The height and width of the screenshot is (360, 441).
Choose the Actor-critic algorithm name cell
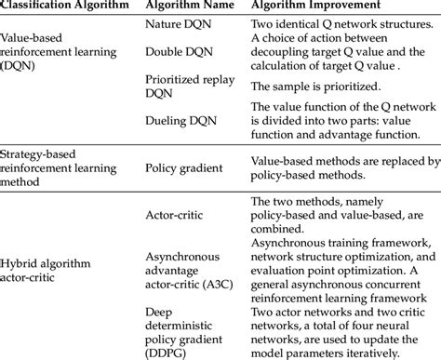click(179, 214)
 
